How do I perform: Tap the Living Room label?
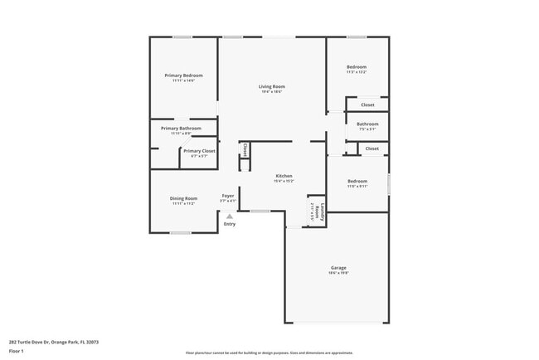pos(271,86)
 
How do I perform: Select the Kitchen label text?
pos(284,176)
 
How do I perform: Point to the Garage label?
pos(338,268)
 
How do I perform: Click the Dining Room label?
pos(183,198)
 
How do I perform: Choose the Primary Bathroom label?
pos(181,129)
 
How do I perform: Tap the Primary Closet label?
pos(199,151)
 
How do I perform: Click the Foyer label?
pos(228,196)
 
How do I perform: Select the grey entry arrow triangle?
pos(230,216)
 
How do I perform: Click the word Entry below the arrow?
pos(230,224)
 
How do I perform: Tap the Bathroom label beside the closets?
pos(367,124)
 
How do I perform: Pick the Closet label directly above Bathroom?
pos(367,105)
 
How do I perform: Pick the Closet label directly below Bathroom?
pos(371,148)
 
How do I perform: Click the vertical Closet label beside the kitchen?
pos(245,150)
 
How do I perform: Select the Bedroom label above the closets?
pos(357,66)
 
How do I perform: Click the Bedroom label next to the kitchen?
pos(357,181)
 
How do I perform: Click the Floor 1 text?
pos(17,351)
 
